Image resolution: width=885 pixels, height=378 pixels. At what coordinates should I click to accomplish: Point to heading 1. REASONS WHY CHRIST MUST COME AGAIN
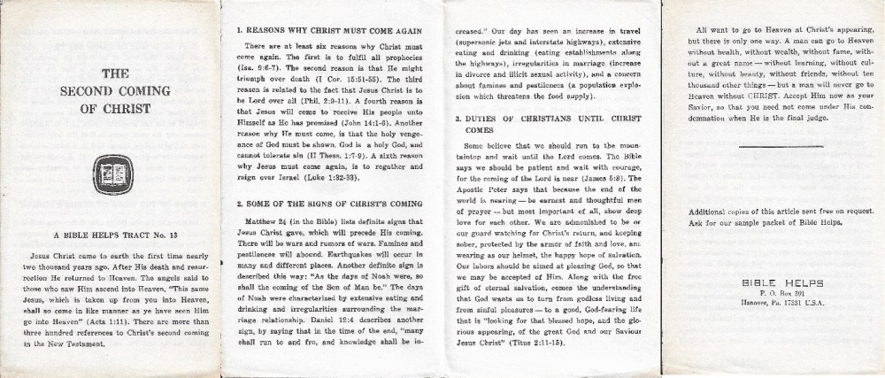click(328, 29)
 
